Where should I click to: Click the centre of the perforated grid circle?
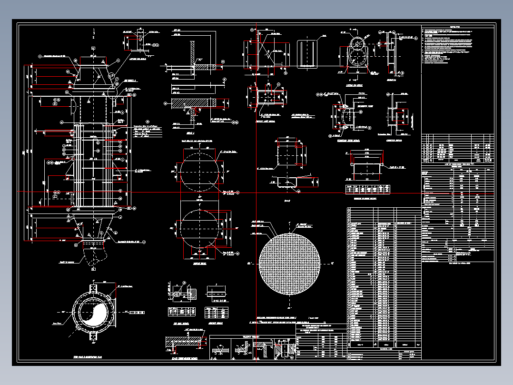tap(289, 263)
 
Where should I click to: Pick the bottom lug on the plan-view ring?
tap(94, 335)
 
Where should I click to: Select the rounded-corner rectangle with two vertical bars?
tap(307, 53)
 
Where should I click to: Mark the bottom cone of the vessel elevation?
tap(93, 226)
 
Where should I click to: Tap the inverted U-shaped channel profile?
tap(367, 164)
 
